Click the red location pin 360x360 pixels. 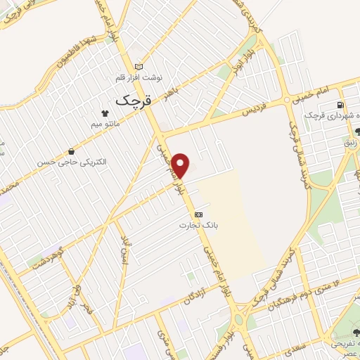181,165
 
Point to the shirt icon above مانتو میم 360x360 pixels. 104,111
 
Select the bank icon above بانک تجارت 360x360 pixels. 198,214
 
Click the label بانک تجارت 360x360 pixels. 198,225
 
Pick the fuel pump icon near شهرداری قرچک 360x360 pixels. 341,106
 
